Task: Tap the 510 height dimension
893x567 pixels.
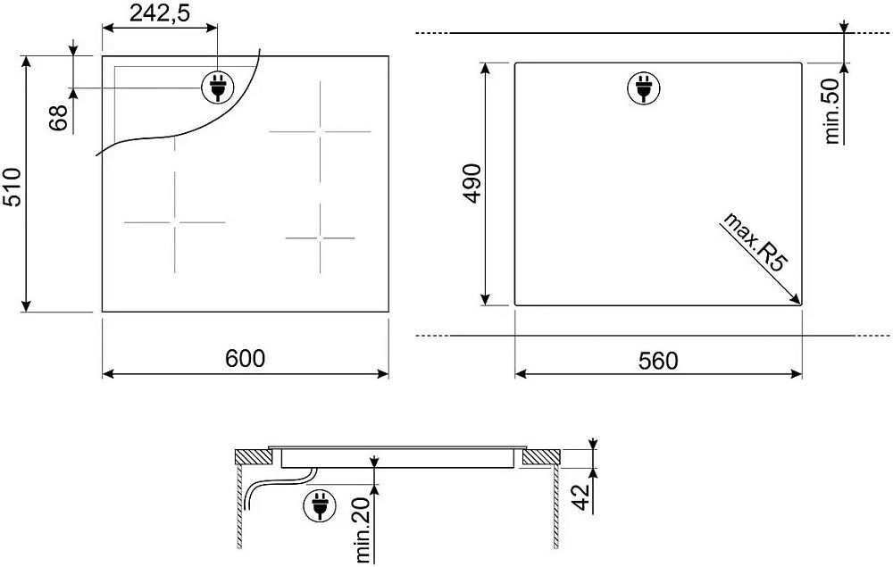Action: [x=12, y=188]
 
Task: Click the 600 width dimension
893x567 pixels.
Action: [x=245, y=359]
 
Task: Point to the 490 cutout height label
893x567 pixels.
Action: [x=472, y=183]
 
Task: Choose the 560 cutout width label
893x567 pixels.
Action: [x=658, y=361]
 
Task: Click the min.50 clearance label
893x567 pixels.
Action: [x=831, y=111]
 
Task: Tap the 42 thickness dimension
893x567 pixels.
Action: [x=581, y=497]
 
